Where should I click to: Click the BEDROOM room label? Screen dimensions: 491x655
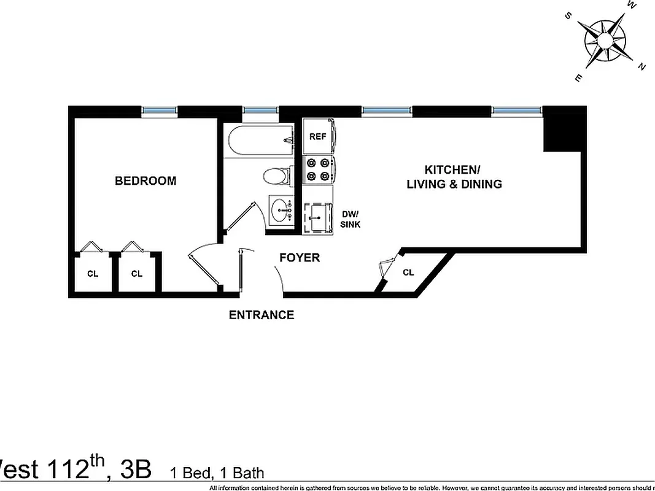[x=145, y=180]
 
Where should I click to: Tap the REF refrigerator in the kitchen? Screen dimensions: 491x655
[x=318, y=137]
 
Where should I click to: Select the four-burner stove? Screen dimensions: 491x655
[x=318, y=170]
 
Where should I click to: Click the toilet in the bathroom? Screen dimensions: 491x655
[x=276, y=177]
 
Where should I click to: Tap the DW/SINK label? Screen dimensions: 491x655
[x=351, y=219]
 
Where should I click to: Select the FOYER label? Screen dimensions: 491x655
[x=300, y=258]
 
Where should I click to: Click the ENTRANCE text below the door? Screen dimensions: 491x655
[x=262, y=315]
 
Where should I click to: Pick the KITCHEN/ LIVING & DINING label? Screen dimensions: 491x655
[x=454, y=177]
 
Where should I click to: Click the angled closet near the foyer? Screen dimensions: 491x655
[x=408, y=273]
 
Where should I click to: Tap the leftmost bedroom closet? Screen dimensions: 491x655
[x=92, y=273]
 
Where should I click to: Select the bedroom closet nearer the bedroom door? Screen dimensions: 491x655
[x=136, y=273]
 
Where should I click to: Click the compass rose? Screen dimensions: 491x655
[x=605, y=42]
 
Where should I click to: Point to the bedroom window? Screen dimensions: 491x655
[x=160, y=110]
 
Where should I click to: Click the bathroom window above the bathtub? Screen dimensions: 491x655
[x=261, y=110]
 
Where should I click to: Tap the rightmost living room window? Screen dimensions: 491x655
[x=517, y=110]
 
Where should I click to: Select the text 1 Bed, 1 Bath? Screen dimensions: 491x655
[x=217, y=473]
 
